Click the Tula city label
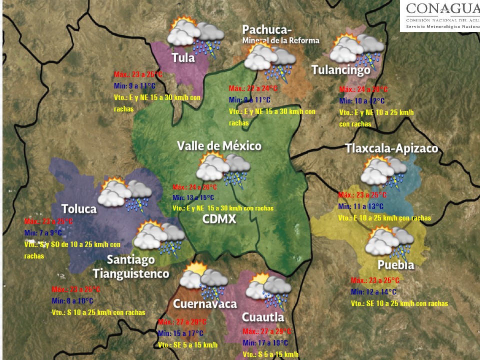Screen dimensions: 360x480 [x=183, y=58]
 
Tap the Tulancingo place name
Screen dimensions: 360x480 [x=341, y=70]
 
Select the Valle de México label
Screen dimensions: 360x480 [x=219, y=145]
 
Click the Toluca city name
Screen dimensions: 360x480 [x=79, y=209]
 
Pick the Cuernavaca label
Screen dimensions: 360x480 [x=204, y=304]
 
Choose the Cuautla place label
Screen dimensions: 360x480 [x=262, y=317]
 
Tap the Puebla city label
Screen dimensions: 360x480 [x=395, y=265]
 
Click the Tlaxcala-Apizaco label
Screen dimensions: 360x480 [x=391, y=148]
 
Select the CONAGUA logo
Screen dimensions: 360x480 [x=440, y=15]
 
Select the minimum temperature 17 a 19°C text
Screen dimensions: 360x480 [x=265, y=343]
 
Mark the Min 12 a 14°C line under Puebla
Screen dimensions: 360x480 [x=374, y=292]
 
